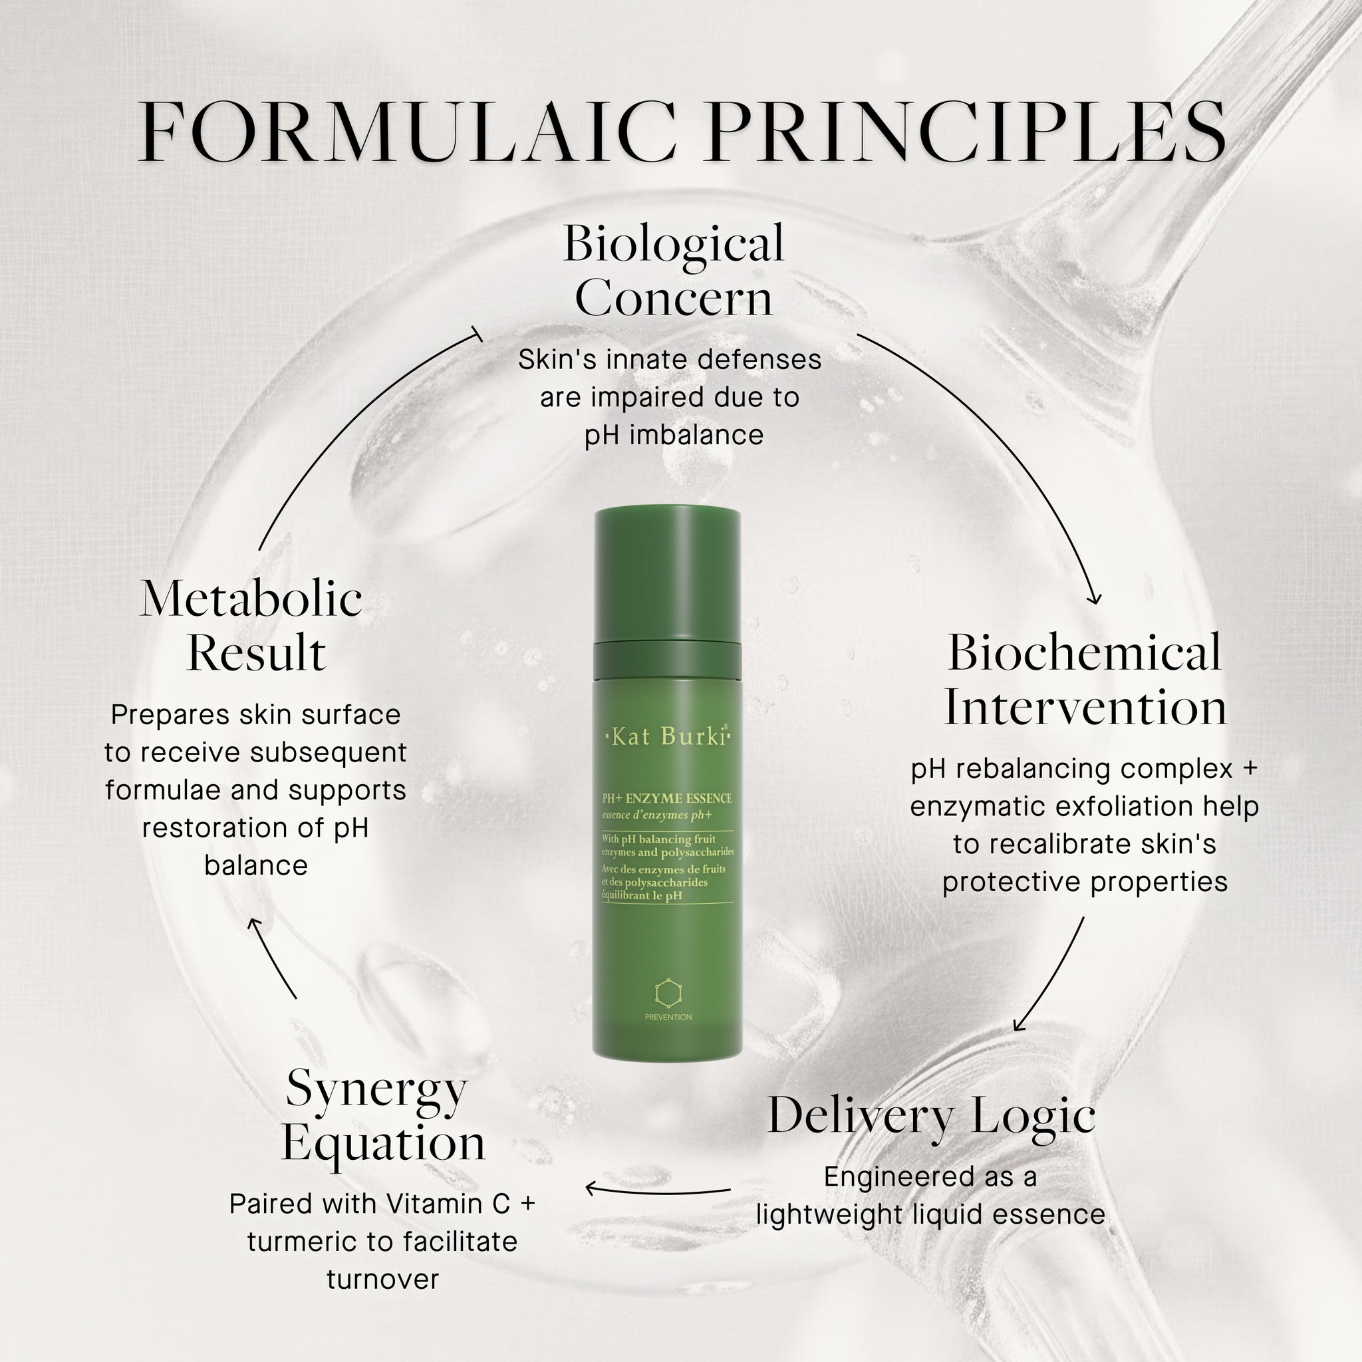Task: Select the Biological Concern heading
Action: [673, 270]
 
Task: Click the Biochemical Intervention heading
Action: [1085, 679]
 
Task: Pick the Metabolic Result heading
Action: [251, 624]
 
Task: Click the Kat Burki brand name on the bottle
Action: [668, 737]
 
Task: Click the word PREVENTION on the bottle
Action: [668, 1018]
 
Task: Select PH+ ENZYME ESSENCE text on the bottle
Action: [666, 798]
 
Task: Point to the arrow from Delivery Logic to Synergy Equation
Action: [658, 1190]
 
